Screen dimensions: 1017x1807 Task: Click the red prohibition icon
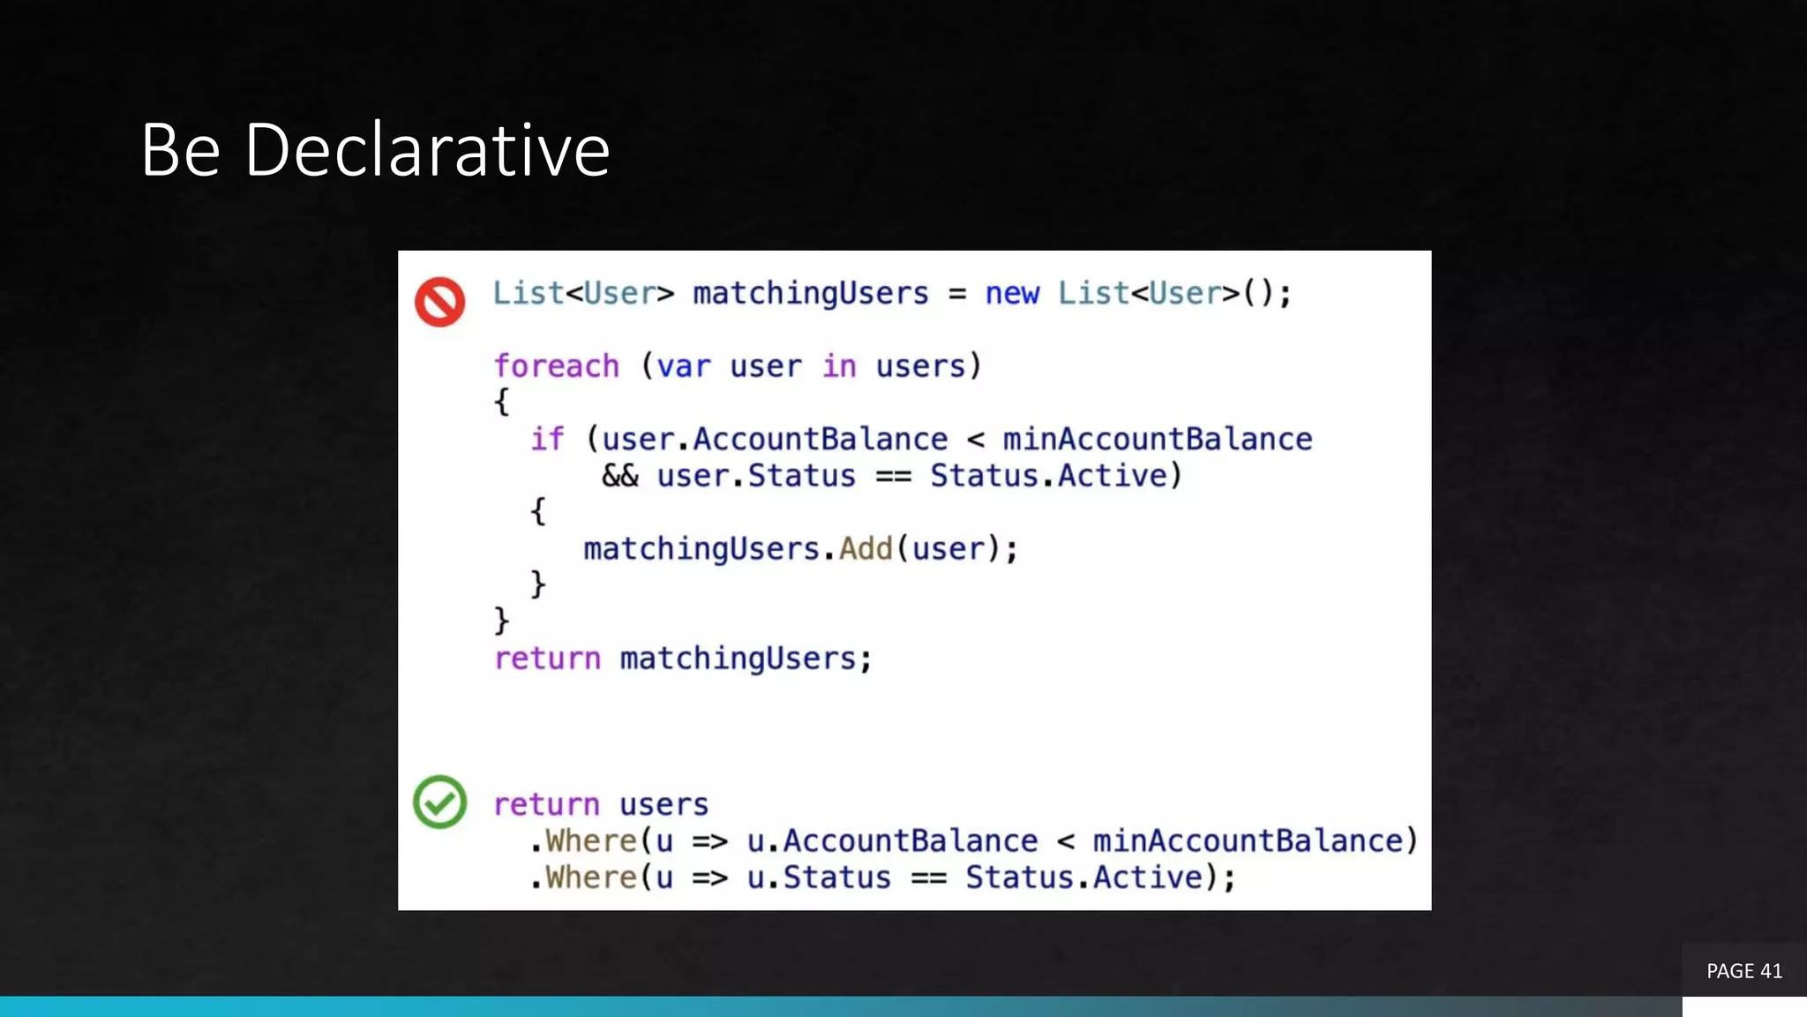click(440, 302)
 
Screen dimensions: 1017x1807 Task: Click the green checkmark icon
click(439, 802)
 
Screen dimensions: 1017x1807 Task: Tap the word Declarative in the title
click(427, 150)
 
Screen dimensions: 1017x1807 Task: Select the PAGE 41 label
click(1743, 971)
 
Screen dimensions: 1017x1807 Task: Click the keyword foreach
click(556, 365)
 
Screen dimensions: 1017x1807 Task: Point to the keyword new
click(1011, 293)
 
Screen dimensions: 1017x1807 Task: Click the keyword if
click(546, 439)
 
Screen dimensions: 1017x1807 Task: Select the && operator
click(619, 476)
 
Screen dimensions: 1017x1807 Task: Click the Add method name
click(866, 549)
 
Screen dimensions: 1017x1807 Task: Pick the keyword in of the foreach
click(839, 365)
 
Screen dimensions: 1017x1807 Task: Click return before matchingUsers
click(547, 659)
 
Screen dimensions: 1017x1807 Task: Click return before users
click(546, 804)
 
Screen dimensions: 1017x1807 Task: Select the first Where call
click(590, 841)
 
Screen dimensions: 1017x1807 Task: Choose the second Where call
click(590, 878)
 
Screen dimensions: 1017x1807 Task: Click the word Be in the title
click(180, 150)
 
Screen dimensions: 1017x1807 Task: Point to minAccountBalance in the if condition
click(1157, 439)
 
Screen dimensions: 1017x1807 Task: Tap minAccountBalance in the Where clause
click(1248, 841)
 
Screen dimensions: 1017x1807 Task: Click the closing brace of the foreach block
click(501, 621)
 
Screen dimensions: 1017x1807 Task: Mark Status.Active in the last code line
click(1083, 878)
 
